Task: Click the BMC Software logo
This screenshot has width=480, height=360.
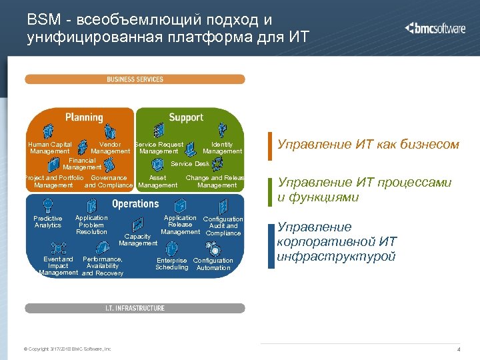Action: coord(436,28)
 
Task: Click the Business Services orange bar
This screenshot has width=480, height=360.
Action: coord(135,79)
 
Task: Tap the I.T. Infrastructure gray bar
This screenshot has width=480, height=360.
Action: coord(135,308)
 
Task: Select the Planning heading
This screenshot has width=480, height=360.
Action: coord(84,117)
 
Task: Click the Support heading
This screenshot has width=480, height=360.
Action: coord(186,117)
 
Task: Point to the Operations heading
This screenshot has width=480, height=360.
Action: coord(135,204)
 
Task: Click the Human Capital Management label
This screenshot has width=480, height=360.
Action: coord(50,148)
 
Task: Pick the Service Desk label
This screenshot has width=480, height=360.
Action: coord(190,164)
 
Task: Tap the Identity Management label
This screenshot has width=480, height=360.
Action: coord(222,148)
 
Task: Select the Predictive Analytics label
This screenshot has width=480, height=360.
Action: coord(48,222)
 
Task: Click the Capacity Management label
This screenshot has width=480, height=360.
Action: coord(137,239)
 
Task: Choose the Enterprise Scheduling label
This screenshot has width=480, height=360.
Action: coord(172,264)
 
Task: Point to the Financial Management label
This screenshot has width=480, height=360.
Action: coord(82,164)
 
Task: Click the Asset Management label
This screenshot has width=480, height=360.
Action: coord(158,181)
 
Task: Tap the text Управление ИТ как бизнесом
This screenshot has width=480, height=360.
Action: coord(368,144)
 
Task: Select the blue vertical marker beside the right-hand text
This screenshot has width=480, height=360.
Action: coord(271,246)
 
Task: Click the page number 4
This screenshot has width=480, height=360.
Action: coord(459,350)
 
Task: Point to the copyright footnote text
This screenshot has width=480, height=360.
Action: coord(67,349)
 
